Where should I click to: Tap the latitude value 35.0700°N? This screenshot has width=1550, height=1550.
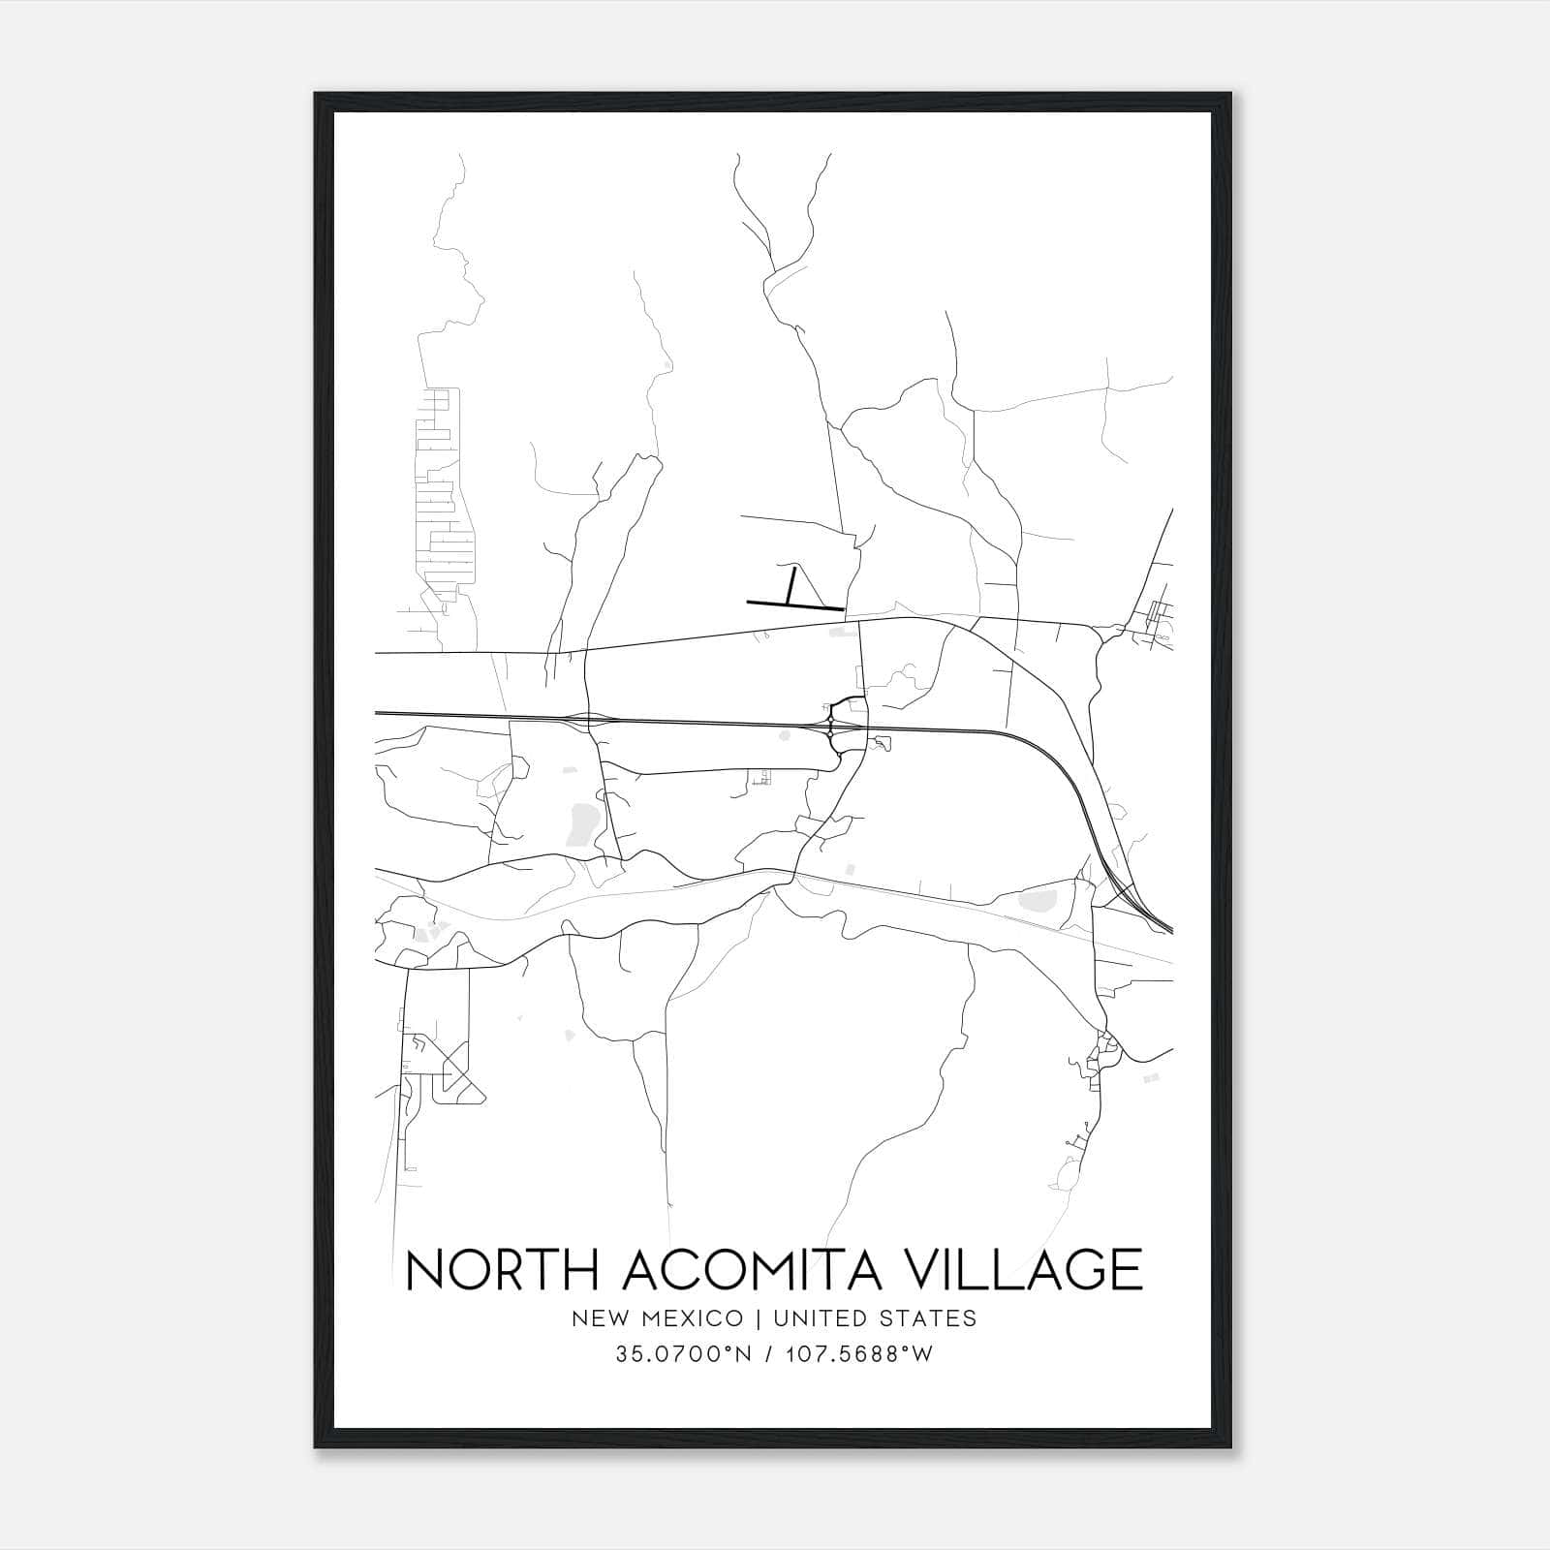coord(684,1354)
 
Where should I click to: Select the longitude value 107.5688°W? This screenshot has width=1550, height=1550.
coord(861,1354)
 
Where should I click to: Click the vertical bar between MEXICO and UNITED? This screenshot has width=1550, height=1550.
coord(756,1318)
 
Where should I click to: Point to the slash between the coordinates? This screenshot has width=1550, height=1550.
coord(768,1354)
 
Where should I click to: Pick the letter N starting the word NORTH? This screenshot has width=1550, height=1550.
coord(426,1270)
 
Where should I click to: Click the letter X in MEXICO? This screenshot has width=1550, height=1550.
coord(692,1318)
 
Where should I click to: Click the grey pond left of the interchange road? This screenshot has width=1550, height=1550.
coord(584,821)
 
